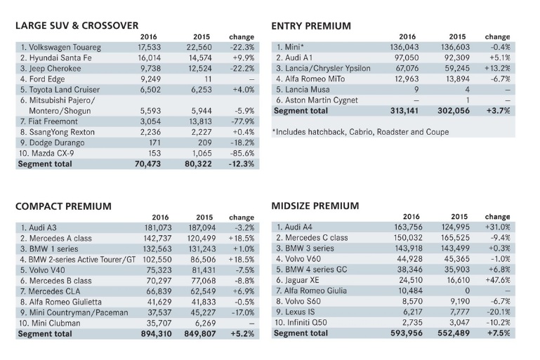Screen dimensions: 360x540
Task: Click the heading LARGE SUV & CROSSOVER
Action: (77, 26)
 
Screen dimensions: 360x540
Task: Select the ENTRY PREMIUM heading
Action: (311, 26)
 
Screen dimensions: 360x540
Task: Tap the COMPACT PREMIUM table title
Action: (63, 206)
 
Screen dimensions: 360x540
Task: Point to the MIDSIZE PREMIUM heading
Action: (315, 206)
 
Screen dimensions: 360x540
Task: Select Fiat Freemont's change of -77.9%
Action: (241, 121)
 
